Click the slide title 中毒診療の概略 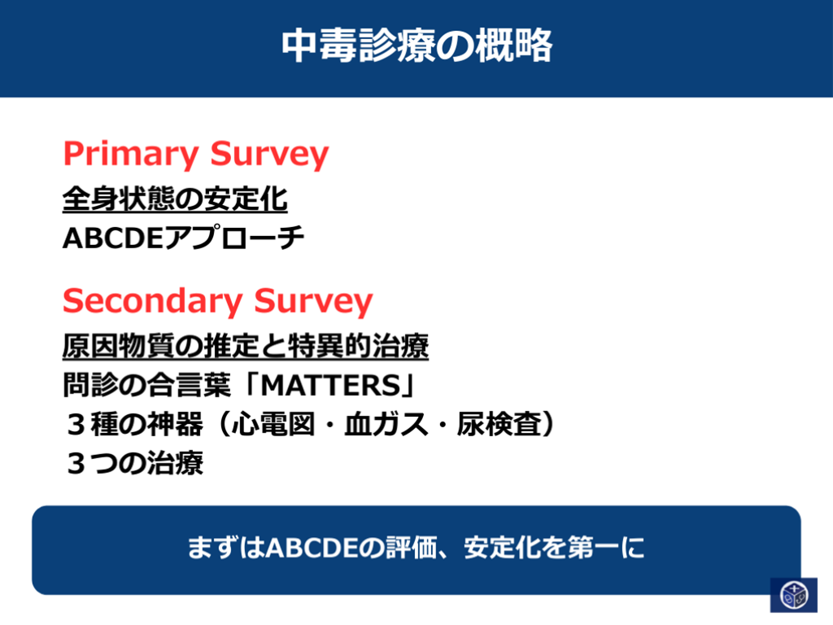(x=417, y=46)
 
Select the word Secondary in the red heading (x=152, y=301)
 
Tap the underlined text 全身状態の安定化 (x=175, y=199)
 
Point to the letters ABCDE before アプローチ (x=112, y=238)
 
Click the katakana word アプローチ (x=233, y=238)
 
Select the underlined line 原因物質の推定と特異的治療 (x=246, y=347)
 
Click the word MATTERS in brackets (x=330, y=385)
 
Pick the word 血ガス (x=386, y=424)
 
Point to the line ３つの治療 (x=135, y=463)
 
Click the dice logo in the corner (x=794, y=595)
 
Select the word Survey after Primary (x=269, y=155)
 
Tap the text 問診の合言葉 (x=147, y=385)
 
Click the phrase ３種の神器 (x=134, y=424)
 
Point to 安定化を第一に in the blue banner (x=554, y=548)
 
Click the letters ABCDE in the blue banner (x=312, y=548)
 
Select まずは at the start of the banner (x=226, y=548)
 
